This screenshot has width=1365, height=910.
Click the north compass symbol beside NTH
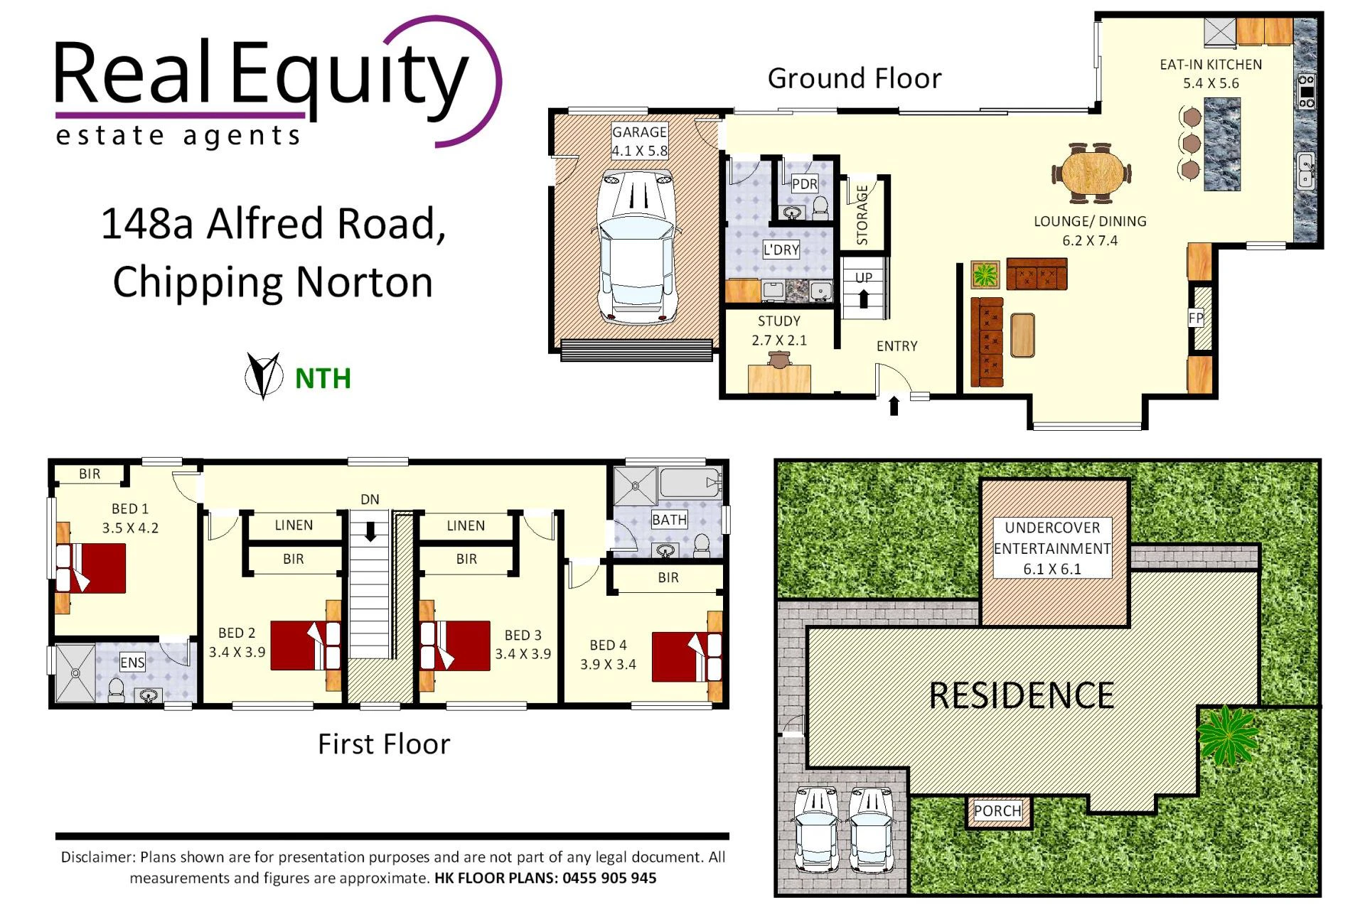(264, 375)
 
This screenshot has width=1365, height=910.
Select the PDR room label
(804, 184)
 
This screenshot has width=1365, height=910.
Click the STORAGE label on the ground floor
(862, 215)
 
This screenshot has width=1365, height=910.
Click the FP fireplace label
(1196, 318)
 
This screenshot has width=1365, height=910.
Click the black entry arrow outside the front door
(894, 406)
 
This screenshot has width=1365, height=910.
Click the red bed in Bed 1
(91, 568)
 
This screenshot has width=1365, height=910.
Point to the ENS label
(132, 663)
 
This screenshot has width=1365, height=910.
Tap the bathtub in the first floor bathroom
(690, 483)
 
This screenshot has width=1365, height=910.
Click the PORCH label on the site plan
(997, 811)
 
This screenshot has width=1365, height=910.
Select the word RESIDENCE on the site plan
(1021, 695)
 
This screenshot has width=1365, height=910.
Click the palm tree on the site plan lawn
(1228, 734)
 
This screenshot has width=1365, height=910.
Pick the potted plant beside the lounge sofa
(985, 274)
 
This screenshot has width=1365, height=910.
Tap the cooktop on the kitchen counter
(1307, 91)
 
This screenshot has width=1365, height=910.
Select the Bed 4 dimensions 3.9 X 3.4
(608, 664)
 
